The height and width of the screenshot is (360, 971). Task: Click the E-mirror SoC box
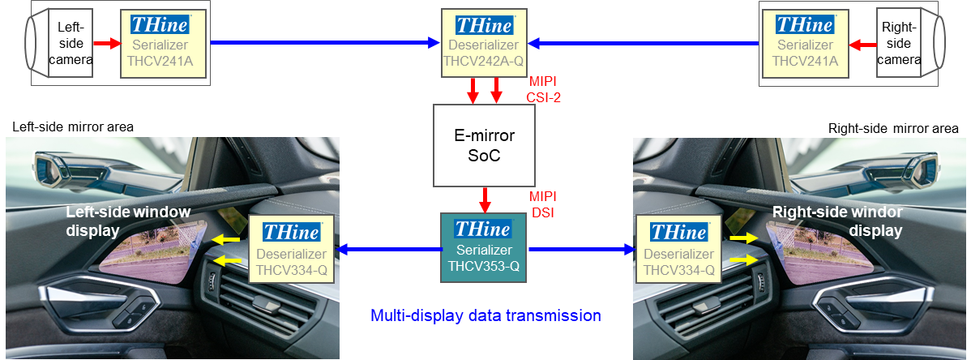(x=484, y=146)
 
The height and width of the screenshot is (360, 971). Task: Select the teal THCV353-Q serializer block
(x=484, y=247)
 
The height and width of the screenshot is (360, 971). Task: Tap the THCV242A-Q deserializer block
(x=484, y=43)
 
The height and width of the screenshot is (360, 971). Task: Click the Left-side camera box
(x=70, y=43)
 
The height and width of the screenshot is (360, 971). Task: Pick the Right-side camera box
(x=899, y=43)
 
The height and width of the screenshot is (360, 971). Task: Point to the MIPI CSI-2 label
(x=545, y=89)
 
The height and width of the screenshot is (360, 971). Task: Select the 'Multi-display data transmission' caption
(x=485, y=315)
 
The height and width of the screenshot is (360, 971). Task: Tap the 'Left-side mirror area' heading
(x=73, y=127)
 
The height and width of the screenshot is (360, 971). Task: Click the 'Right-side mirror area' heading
(x=893, y=128)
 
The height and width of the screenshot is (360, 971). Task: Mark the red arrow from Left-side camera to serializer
(x=106, y=43)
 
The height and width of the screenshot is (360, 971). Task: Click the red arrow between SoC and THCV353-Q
(x=485, y=199)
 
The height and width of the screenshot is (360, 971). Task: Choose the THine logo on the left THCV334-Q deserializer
(x=292, y=233)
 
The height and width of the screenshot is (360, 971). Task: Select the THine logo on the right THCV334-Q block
(x=679, y=233)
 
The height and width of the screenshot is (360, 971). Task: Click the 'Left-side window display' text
(x=128, y=221)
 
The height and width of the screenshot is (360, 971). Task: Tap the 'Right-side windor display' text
(x=836, y=221)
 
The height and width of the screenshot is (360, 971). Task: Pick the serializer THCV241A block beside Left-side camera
(x=164, y=43)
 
